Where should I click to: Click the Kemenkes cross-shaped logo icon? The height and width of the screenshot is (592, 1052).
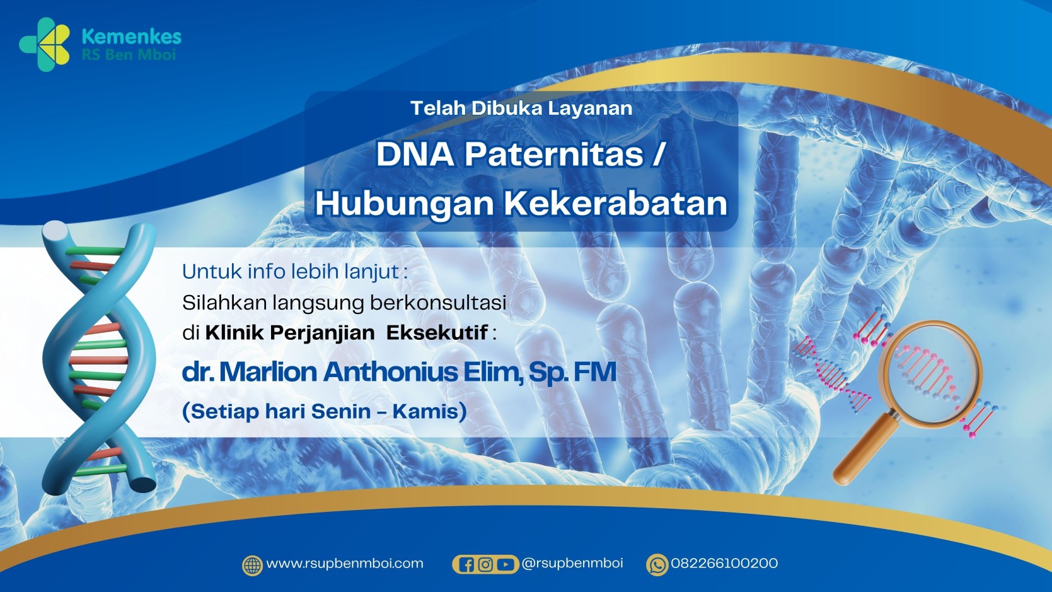click(x=45, y=44)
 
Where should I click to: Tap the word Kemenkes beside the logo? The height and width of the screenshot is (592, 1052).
click(x=132, y=36)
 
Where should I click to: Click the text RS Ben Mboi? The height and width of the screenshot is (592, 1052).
click(x=129, y=55)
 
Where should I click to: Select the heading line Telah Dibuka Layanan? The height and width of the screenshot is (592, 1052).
click(x=521, y=108)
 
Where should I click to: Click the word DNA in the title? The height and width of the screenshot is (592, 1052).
click(x=415, y=154)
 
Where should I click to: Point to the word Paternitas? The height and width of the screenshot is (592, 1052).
click(x=554, y=154)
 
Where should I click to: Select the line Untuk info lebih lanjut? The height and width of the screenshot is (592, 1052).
click(x=295, y=272)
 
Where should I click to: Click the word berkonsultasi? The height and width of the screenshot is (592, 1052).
click(x=438, y=303)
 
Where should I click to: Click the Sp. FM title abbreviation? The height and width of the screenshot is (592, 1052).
click(x=572, y=372)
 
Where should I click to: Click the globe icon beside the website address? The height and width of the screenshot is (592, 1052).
click(x=252, y=566)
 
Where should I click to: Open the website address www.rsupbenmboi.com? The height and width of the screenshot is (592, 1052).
click(x=345, y=564)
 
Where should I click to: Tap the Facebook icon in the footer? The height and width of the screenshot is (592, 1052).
click(x=467, y=564)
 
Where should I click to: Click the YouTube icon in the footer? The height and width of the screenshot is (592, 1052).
click(x=505, y=564)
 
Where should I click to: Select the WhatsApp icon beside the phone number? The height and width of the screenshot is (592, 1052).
click(x=657, y=565)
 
